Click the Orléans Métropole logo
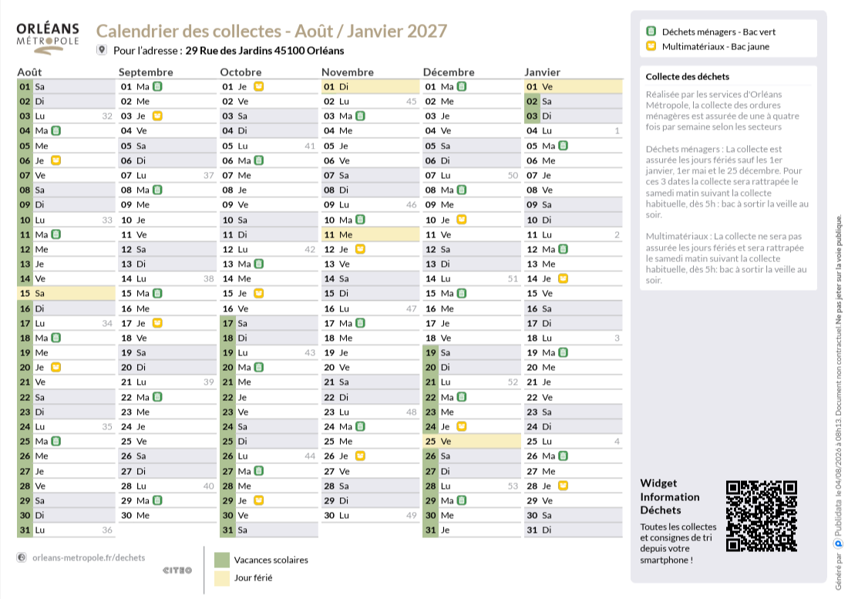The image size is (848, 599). (x=48, y=39)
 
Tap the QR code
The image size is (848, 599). (x=762, y=516)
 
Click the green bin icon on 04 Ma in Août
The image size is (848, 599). (x=56, y=130)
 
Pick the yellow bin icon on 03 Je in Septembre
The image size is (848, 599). (x=156, y=116)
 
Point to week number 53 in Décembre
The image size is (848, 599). (x=513, y=486)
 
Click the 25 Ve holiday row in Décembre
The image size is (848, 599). (x=472, y=441)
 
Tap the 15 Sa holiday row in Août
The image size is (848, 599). (x=66, y=294)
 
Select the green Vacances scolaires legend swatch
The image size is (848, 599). (x=222, y=560)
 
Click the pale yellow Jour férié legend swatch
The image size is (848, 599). (x=222, y=578)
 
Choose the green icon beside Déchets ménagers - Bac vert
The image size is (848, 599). (x=651, y=32)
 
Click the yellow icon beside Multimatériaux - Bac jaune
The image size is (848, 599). (x=651, y=46)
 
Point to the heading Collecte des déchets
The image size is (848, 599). (x=688, y=77)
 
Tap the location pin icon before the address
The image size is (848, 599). (x=102, y=50)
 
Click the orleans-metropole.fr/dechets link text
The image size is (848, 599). (x=89, y=558)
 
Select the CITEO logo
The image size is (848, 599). (x=177, y=570)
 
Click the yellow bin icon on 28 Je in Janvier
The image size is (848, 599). (x=563, y=486)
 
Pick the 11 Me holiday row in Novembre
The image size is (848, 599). (x=371, y=234)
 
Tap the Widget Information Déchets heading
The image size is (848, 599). (x=670, y=496)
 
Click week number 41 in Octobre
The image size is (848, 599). (x=310, y=146)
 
